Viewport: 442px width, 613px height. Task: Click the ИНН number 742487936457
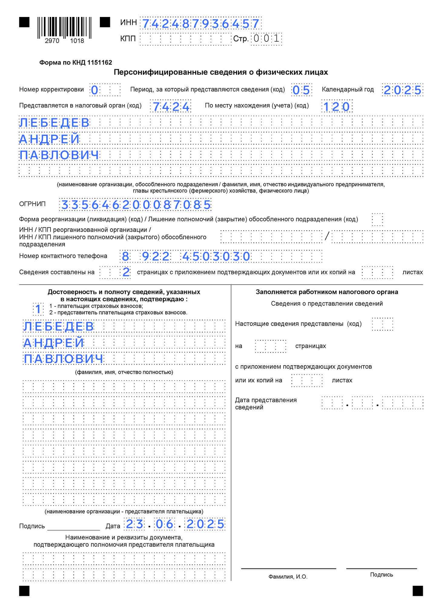click(x=201, y=23)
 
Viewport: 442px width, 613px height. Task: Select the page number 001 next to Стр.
click(x=266, y=39)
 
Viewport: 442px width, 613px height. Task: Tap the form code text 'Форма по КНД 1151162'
click(x=76, y=63)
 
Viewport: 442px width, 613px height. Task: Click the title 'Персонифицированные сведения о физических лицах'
click(x=221, y=72)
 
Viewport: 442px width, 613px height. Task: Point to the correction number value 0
click(x=95, y=90)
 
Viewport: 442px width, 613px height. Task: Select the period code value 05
click(x=301, y=90)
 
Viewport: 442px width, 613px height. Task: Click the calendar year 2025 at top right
click(x=402, y=90)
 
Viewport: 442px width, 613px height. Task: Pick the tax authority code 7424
click(x=171, y=107)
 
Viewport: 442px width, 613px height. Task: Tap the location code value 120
click(x=337, y=107)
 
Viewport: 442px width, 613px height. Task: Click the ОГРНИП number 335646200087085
click(x=136, y=205)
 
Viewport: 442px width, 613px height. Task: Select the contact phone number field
click(x=221, y=256)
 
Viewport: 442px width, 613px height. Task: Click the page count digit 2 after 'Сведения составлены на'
click(x=126, y=272)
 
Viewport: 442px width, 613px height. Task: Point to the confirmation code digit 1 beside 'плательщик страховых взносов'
click(x=38, y=309)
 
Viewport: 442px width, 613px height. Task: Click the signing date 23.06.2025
click(x=175, y=524)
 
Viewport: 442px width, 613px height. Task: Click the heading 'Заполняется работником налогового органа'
click(x=327, y=292)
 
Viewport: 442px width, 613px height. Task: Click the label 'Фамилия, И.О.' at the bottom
click(x=288, y=577)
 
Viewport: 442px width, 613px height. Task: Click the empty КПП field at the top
click(x=185, y=39)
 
